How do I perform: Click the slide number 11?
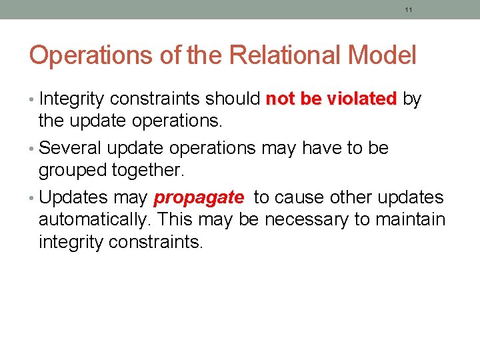click(x=409, y=10)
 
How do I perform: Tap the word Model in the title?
click(x=383, y=55)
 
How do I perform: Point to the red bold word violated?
click(x=363, y=99)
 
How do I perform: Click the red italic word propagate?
click(x=199, y=198)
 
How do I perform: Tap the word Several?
click(x=74, y=148)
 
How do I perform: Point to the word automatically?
click(x=93, y=220)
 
